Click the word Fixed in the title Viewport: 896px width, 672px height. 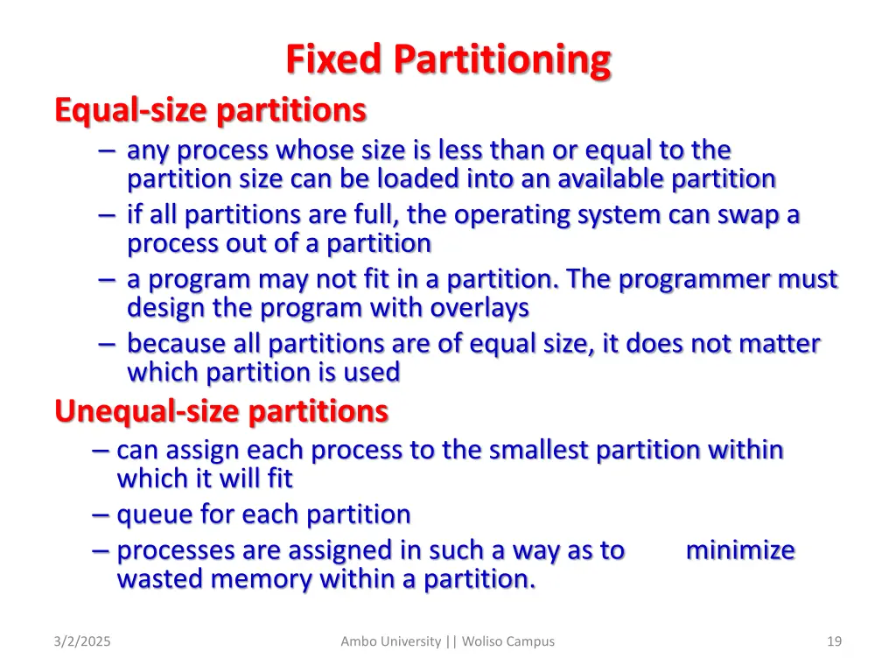[x=335, y=60]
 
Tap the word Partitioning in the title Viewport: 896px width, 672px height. [x=501, y=60]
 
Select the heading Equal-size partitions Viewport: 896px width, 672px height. [x=210, y=110]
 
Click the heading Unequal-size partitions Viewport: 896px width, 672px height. [x=221, y=410]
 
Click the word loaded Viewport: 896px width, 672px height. [x=417, y=179]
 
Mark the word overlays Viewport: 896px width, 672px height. [x=479, y=308]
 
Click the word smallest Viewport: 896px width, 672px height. [x=539, y=451]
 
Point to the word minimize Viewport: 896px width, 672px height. [x=740, y=550]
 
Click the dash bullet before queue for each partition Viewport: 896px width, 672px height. [x=100, y=514]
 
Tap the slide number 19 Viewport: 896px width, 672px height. [x=834, y=641]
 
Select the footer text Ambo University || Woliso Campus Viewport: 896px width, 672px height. [x=447, y=641]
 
